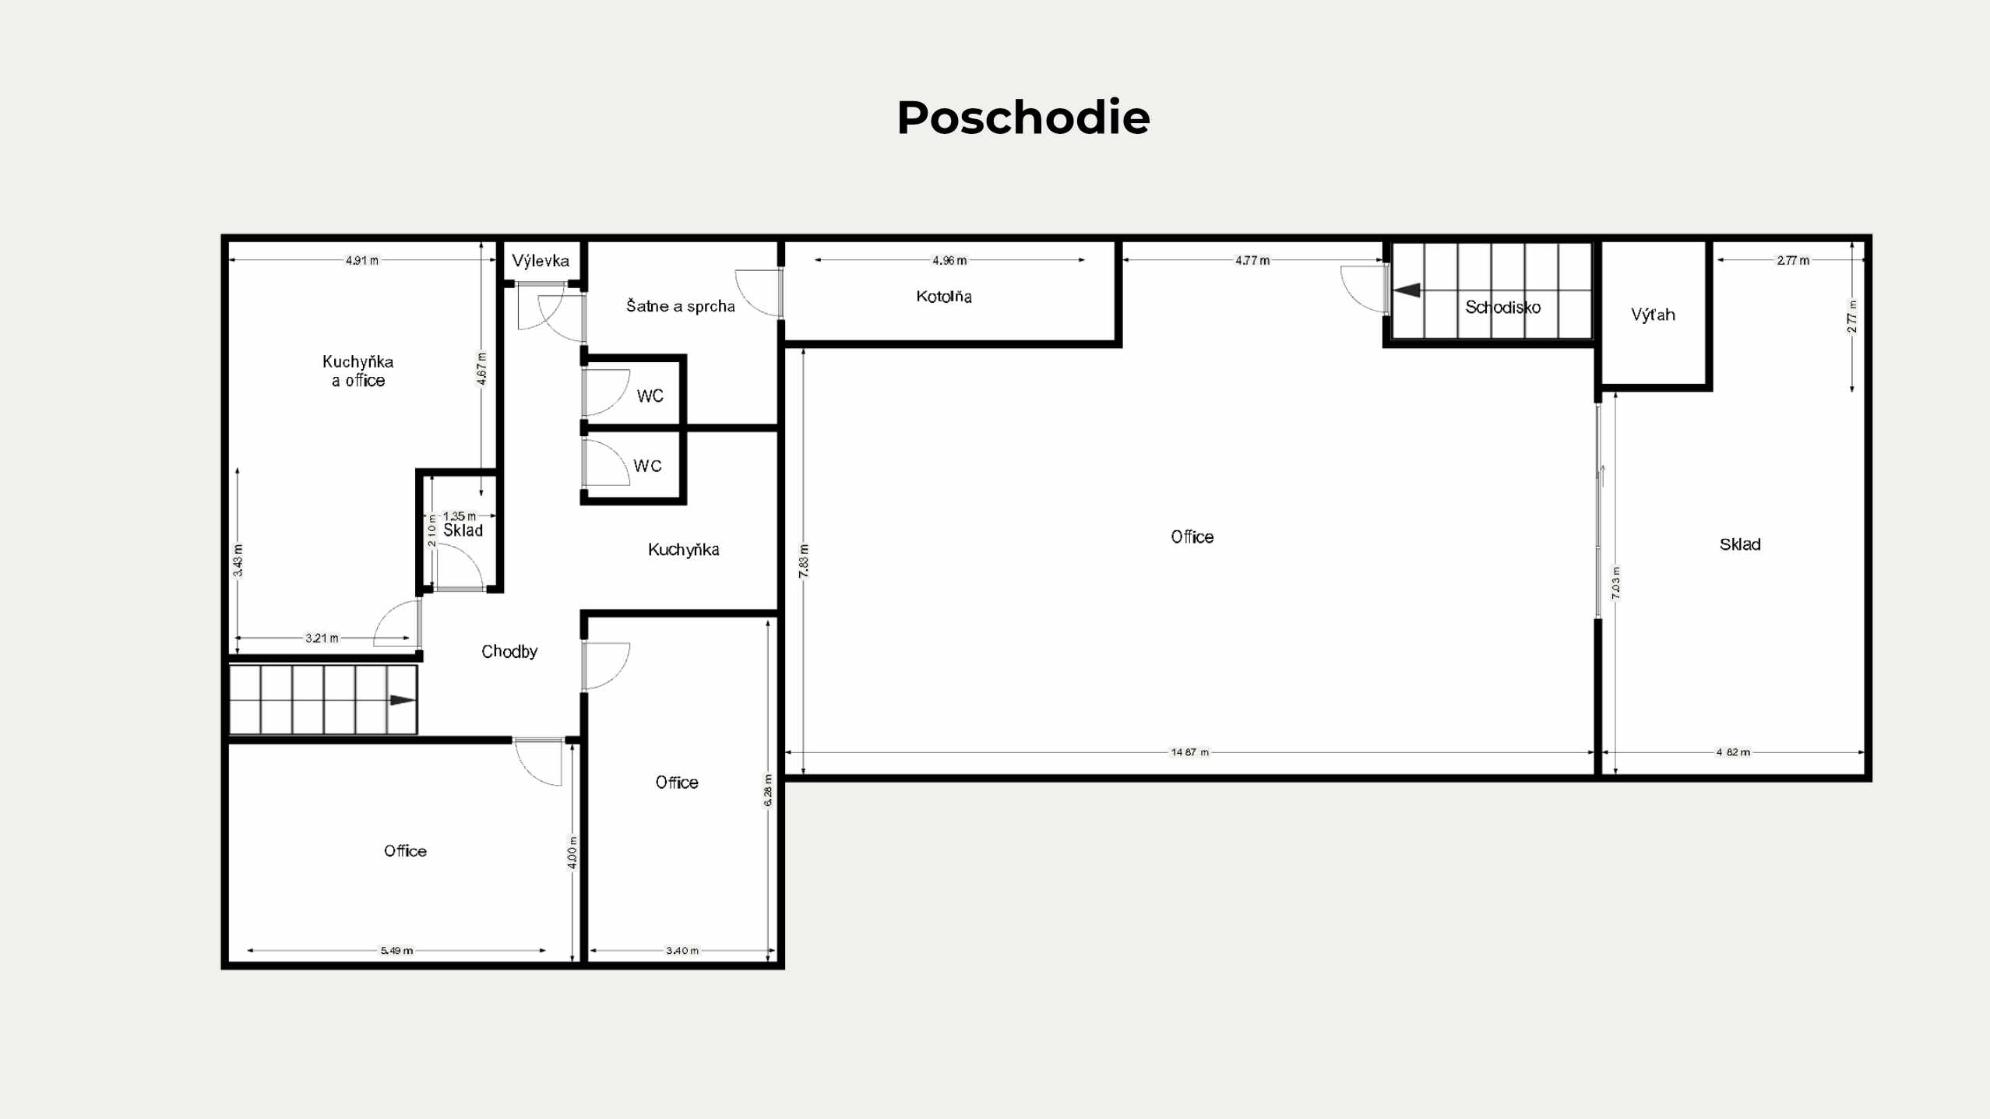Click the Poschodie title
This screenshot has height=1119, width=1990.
pos(1023,118)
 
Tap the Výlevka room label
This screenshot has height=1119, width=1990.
pos(541,261)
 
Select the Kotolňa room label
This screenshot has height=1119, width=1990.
pos(944,296)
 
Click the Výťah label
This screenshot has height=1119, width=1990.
pos(1653,314)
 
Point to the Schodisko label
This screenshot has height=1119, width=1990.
pos(1502,307)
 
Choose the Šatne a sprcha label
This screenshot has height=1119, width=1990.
pos(681,305)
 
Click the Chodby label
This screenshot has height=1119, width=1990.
pos(509,651)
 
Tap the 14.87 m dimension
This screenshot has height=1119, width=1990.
pos(1190,752)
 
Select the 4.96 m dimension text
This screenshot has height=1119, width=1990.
pos(949,260)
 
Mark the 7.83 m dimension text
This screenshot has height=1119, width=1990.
pos(804,561)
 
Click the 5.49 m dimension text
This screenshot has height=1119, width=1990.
pos(396,950)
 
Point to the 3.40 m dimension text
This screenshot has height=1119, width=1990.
pos(682,950)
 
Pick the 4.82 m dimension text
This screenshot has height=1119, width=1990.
pos(1733,752)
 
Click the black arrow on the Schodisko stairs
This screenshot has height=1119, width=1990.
pos(1407,290)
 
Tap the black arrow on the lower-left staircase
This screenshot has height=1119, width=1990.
pos(403,700)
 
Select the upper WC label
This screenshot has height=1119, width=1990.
pos(650,396)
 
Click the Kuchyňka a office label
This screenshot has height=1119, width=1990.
pos(358,371)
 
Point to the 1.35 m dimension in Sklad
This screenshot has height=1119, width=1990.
pos(460,516)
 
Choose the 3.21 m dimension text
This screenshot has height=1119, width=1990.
pos(322,638)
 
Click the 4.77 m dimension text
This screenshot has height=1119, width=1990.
pos(1252,260)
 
